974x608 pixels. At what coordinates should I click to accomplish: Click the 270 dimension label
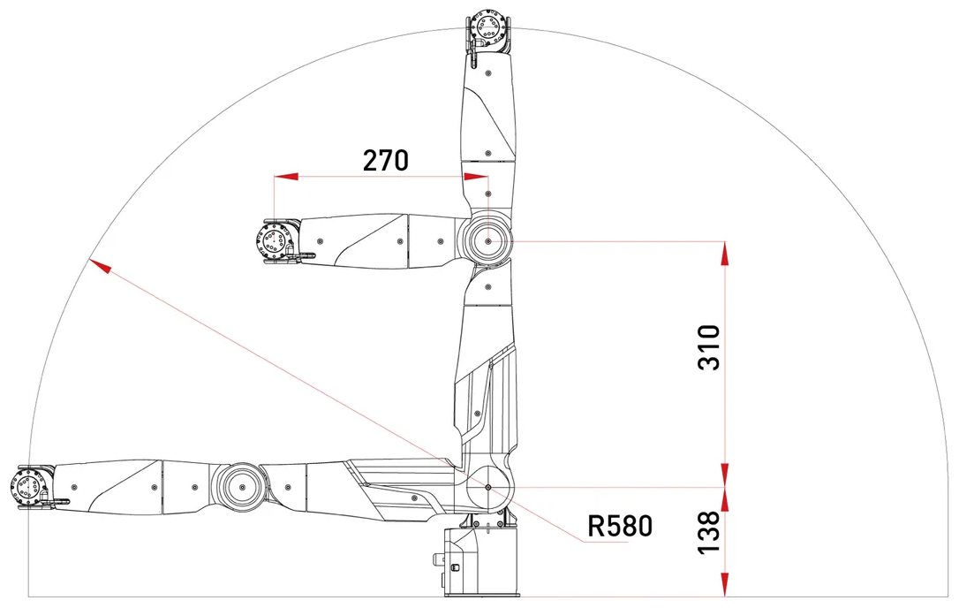386,160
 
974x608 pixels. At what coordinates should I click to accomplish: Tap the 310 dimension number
709,347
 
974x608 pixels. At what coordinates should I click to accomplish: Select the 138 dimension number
709,532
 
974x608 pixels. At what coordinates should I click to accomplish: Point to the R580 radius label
620,526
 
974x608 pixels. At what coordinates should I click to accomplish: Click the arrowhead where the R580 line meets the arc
100,265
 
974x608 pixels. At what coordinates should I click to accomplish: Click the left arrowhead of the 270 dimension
286,177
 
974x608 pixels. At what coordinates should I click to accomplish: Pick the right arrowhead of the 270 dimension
476,177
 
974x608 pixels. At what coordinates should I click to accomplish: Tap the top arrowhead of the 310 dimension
725,253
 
